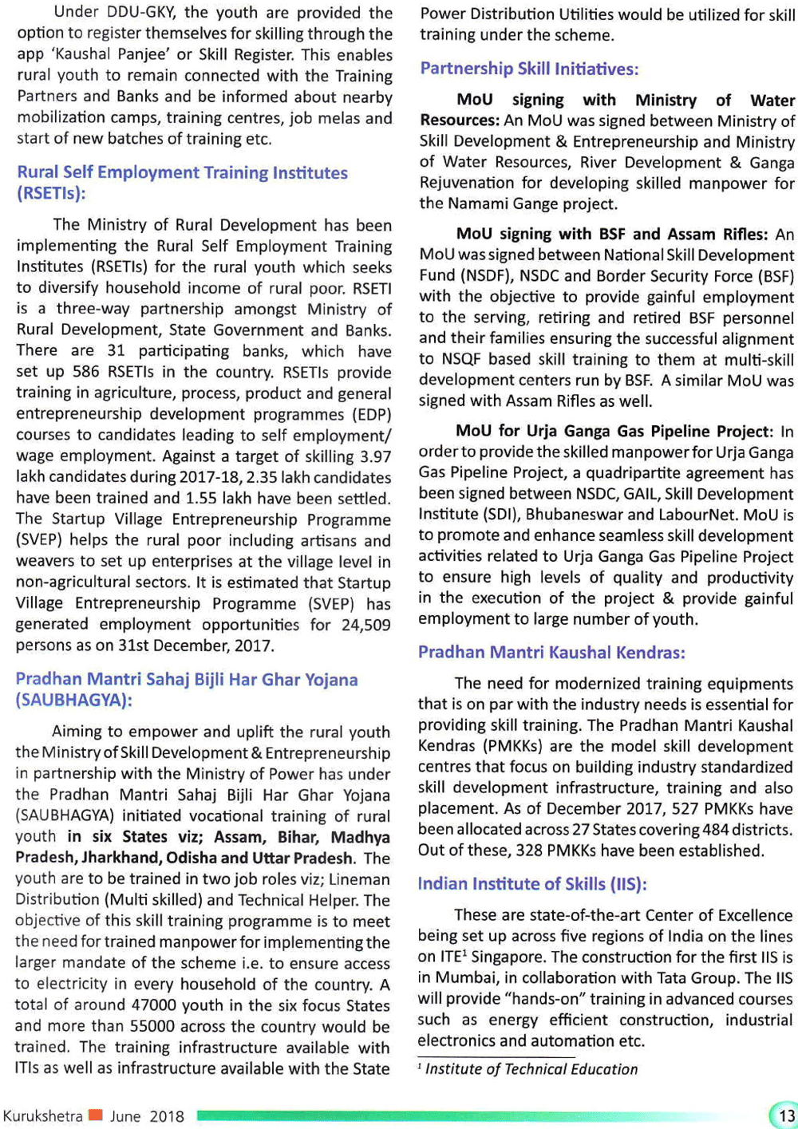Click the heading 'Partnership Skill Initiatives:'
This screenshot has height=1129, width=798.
point(529,69)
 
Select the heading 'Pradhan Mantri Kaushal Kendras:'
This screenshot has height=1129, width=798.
point(551,653)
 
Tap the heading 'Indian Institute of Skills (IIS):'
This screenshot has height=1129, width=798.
point(531,884)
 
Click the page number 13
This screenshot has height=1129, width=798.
point(786,1115)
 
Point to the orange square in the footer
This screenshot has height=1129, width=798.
point(96,1115)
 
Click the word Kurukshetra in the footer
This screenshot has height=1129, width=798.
point(42,1115)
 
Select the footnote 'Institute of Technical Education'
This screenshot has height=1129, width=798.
point(531,1069)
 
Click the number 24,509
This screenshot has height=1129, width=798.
point(366,625)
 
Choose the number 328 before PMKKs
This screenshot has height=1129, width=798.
point(530,851)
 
